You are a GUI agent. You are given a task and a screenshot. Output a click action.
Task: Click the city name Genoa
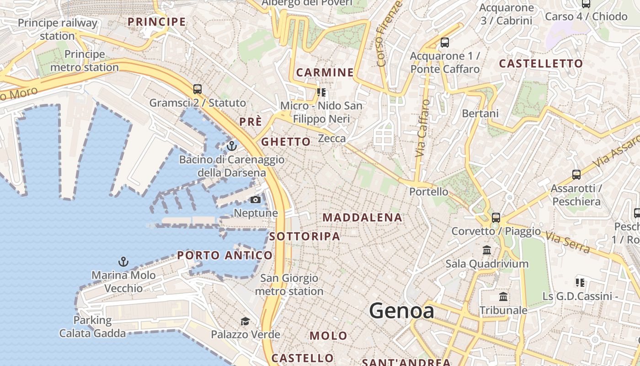(401, 311)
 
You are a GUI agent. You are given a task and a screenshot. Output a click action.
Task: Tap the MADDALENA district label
(363, 218)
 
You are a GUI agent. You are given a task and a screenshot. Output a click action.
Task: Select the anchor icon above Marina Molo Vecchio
(123, 262)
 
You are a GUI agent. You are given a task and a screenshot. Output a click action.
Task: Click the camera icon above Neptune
(255, 199)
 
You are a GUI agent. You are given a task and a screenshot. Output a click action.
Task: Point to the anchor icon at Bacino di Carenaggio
(232, 146)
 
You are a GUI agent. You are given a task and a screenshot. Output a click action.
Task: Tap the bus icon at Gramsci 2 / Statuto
(197, 89)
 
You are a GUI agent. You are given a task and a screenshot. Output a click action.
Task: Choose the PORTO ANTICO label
(224, 255)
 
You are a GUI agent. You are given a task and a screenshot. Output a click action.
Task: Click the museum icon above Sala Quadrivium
(487, 250)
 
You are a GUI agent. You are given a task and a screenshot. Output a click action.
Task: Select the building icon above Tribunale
(503, 297)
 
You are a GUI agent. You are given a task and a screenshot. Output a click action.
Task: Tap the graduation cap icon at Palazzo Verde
(245, 321)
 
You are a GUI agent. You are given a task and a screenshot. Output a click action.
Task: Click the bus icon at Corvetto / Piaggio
(496, 217)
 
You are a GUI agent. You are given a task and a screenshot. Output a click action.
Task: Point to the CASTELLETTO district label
(541, 64)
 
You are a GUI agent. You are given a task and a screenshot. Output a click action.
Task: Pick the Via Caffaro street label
(423, 128)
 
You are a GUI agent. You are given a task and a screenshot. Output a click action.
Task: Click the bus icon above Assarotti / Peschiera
(576, 174)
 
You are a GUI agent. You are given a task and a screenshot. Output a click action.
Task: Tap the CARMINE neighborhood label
(325, 72)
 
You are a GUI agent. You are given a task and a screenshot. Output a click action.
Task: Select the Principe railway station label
(58, 29)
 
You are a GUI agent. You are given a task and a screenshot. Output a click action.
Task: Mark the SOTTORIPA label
(304, 237)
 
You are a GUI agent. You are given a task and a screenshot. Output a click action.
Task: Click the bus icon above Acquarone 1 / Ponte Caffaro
(444, 43)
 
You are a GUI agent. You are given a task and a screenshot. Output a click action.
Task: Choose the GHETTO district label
(286, 142)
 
